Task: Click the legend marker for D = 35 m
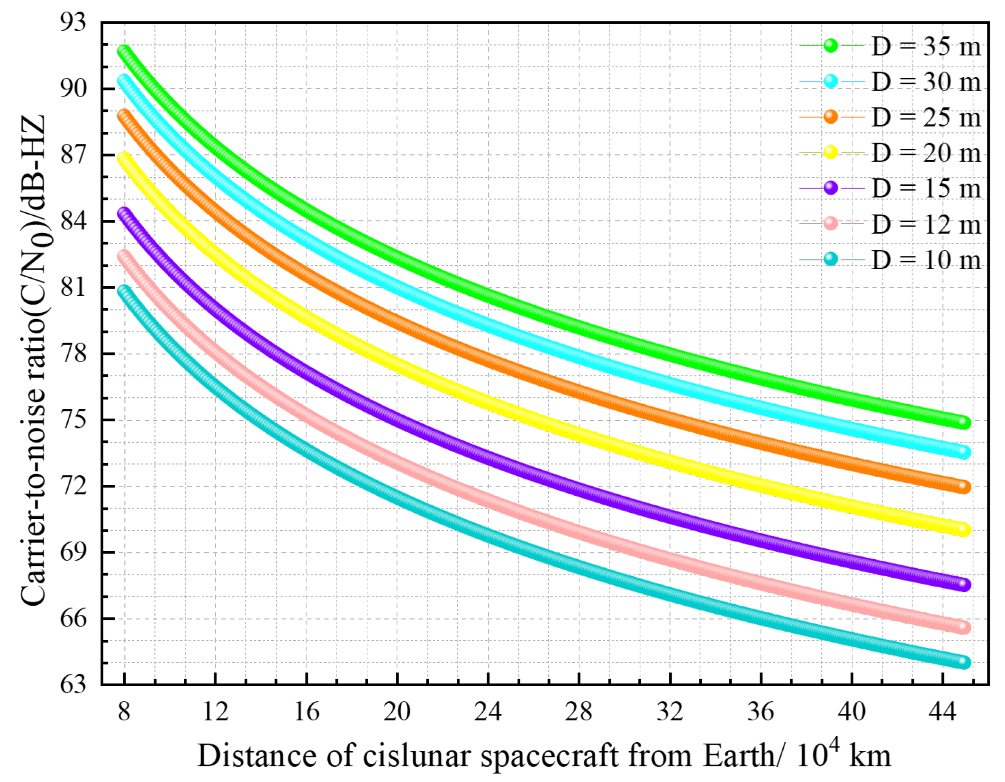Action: (831, 45)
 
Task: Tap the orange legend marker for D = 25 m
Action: (831, 117)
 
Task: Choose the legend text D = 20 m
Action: (926, 153)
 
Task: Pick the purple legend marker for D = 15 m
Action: (831, 188)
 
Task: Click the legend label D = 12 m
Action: (926, 224)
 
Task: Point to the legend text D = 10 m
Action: (926, 260)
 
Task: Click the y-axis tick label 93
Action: (73, 22)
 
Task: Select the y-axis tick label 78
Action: (73, 354)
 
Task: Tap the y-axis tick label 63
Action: (73, 684)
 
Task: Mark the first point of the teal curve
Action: (124, 290)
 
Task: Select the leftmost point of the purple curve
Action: (124, 213)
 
